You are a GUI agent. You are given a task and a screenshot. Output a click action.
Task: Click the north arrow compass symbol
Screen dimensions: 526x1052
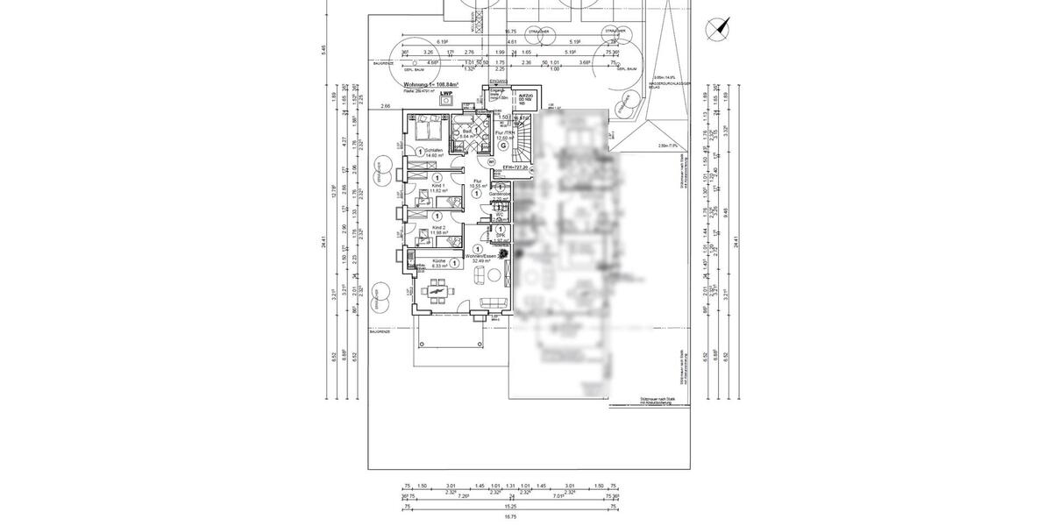718,29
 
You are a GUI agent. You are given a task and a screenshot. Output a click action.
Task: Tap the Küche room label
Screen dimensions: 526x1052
439,262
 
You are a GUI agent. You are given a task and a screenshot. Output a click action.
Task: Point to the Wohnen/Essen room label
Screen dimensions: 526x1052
481,256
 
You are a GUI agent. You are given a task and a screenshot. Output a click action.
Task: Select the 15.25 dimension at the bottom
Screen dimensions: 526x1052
509,506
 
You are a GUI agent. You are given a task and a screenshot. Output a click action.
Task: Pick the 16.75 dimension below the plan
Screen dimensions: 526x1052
509,516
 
